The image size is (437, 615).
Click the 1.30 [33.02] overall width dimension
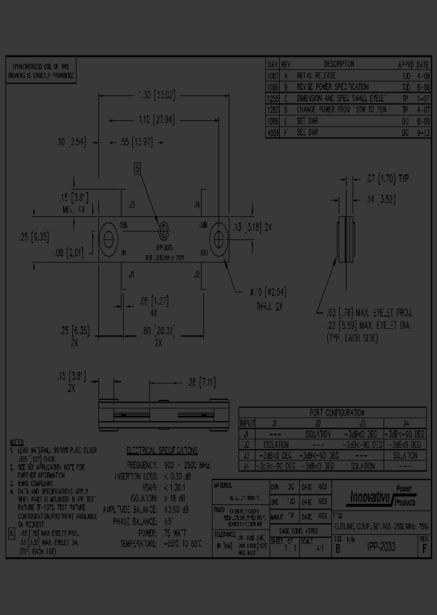[x=157, y=95]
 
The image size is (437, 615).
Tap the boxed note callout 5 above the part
[x=138, y=169]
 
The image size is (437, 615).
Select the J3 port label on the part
[x=131, y=205]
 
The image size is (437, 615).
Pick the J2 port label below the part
[x=197, y=275]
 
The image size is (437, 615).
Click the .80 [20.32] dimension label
[x=158, y=331]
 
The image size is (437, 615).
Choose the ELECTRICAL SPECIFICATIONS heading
[x=161, y=451]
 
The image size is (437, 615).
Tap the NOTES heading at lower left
[x=17, y=442]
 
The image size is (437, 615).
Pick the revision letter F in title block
[x=424, y=547]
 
